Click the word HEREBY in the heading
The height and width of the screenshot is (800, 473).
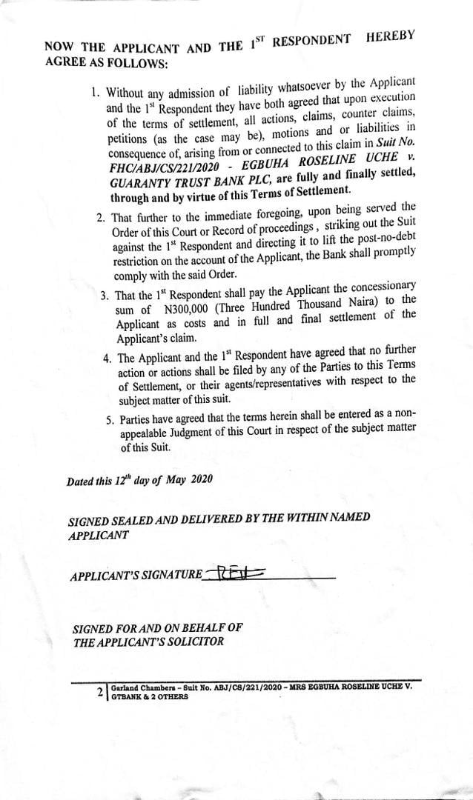coord(391,36)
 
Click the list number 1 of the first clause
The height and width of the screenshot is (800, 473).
coord(95,94)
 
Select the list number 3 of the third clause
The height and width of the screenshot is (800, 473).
coord(105,295)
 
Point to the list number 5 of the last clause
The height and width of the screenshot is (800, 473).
coord(110,421)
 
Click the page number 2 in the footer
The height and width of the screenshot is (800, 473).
coord(100,693)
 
